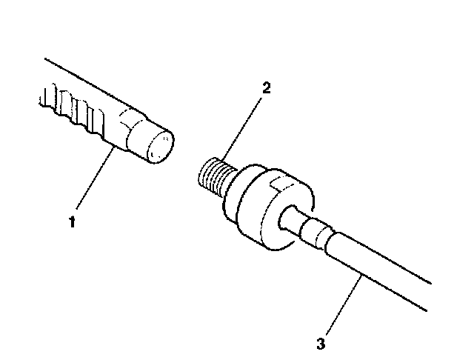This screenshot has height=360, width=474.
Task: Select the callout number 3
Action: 320,343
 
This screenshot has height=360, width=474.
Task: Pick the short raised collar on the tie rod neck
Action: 315,233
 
